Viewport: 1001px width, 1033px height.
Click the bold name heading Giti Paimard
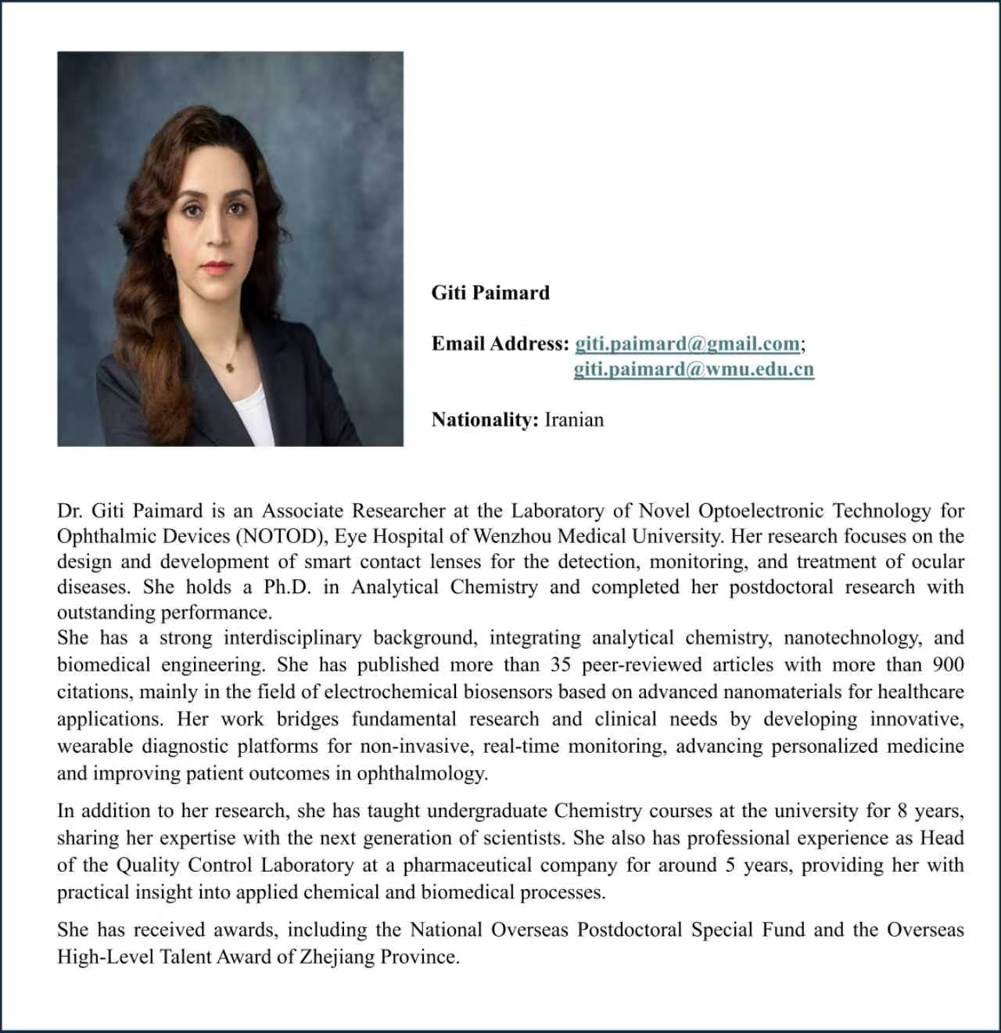pos(490,293)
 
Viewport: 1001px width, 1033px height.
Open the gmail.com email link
pos(687,344)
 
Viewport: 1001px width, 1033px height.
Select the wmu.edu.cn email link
pos(694,369)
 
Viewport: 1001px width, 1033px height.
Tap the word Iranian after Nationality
pos(574,419)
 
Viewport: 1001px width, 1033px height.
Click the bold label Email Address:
pos(500,344)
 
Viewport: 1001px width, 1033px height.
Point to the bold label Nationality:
pos(485,419)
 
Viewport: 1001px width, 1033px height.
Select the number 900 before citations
pos(948,664)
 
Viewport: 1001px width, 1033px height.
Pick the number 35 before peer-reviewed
pos(561,664)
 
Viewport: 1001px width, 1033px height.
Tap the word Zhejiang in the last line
pos(337,956)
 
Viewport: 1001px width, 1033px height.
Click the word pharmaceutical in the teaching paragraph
pos(466,865)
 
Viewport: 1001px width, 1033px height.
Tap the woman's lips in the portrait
pos(215,266)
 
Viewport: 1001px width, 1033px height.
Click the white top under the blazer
pos(250,415)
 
